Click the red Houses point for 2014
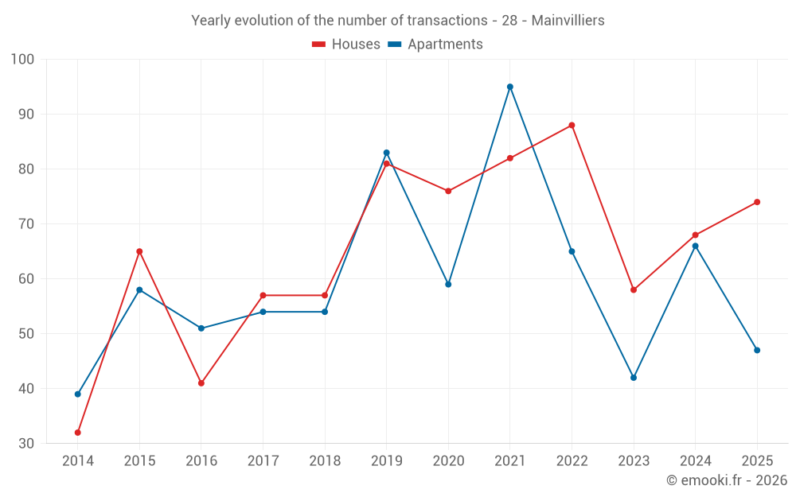(78, 433)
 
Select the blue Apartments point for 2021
(510, 87)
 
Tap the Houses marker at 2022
(572, 126)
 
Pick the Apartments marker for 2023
(634, 378)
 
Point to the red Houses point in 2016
(201, 383)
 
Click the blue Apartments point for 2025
(758, 351)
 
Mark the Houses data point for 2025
(758, 202)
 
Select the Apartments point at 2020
(448, 285)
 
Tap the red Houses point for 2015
(139, 251)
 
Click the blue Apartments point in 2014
(78, 394)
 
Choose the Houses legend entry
(346, 44)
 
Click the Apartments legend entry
(435, 44)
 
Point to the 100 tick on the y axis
(22, 60)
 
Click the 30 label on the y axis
(26, 444)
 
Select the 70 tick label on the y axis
(26, 223)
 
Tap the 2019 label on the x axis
(387, 461)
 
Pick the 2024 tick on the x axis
(696, 461)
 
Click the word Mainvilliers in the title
(568, 21)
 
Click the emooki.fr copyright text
(727, 480)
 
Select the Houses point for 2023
(634, 290)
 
